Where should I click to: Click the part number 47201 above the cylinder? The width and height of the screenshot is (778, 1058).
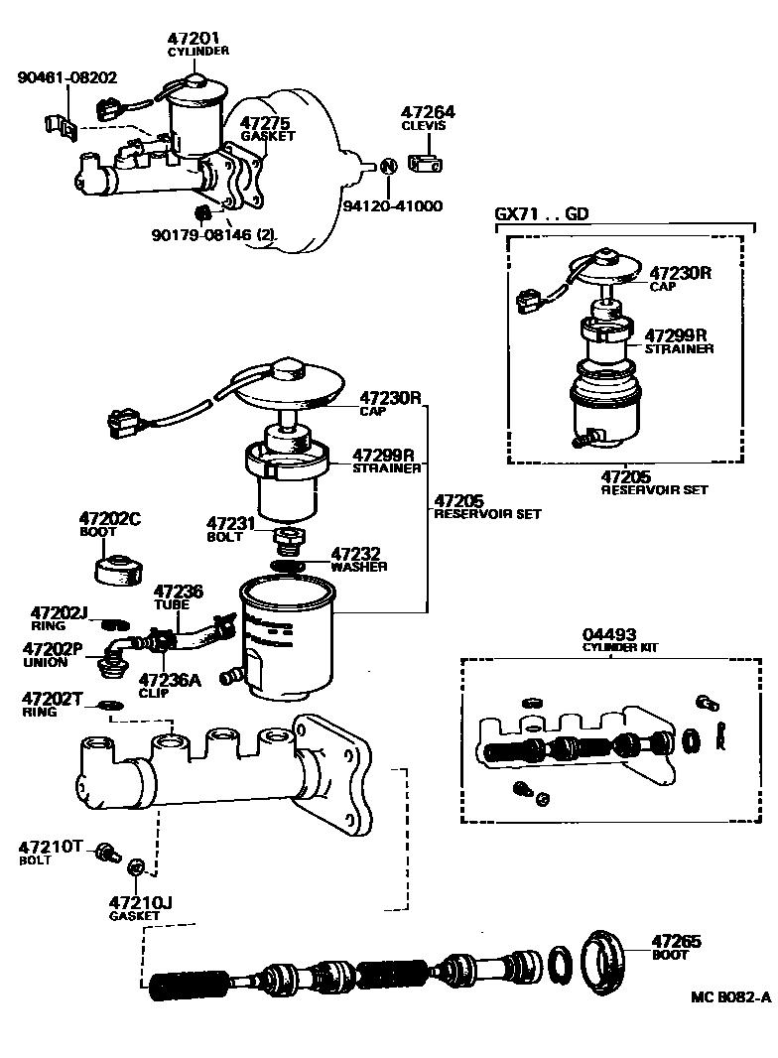[x=197, y=38]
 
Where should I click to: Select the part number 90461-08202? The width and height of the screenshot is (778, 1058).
[x=67, y=76]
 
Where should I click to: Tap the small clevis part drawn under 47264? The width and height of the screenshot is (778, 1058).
[x=429, y=165]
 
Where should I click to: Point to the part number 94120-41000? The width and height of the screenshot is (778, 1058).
[x=393, y=206]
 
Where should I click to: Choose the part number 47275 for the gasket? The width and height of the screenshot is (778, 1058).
[x=265, y=123]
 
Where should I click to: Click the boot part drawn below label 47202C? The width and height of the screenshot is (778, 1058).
[x=117, y=570]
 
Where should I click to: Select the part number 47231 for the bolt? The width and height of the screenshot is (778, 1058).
[x=231, y=522]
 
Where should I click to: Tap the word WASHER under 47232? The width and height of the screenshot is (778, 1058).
[x=359, y=567]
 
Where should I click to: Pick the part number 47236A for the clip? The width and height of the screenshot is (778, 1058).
[x=170, y=680]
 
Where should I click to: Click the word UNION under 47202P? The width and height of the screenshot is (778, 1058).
[x=46, y=662]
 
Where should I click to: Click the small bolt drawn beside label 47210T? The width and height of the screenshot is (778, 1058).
[x=106, y=852]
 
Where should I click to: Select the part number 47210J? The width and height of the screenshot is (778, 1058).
[x=141, y=902]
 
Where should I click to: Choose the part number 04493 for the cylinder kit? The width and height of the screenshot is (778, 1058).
[x=610, y=633]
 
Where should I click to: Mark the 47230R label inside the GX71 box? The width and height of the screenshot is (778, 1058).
[x=681, y=272]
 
